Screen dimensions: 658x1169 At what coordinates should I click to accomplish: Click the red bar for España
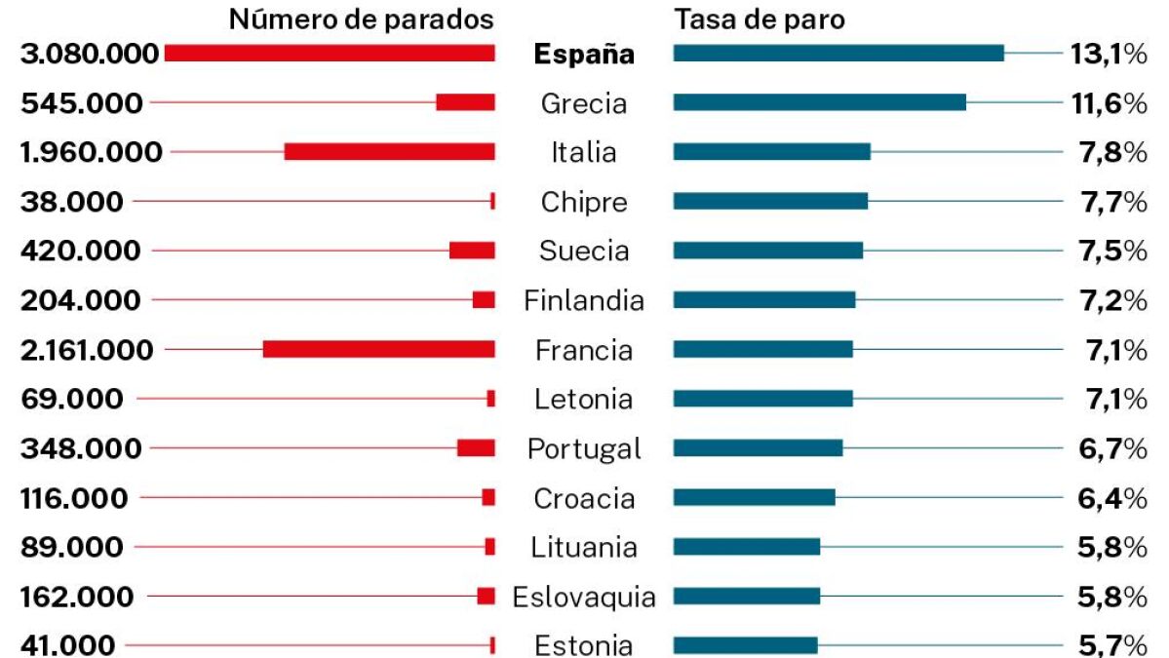[330, 54]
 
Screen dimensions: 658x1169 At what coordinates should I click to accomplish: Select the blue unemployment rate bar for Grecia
[819, 102]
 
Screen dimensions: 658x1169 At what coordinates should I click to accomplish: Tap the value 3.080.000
[90, 54]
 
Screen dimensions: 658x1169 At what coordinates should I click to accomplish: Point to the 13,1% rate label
[1108, 54]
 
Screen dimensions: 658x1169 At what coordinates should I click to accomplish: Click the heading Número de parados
[361, 19]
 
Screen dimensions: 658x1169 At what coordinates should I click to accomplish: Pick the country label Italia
[583, 152]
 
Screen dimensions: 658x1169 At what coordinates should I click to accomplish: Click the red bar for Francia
[378, 349]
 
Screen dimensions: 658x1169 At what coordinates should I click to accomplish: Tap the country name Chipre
[583, 202]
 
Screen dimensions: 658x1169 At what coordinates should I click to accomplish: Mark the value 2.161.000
[87, 349]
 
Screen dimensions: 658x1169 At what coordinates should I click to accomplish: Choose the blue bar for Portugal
[758, 447]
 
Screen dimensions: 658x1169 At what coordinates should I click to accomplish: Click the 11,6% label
[1108, 102]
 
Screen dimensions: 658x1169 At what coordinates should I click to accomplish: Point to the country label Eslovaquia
[583, 596]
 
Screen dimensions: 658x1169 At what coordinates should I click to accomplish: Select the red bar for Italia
[389, 152]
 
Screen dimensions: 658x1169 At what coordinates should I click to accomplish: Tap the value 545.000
[81, 102]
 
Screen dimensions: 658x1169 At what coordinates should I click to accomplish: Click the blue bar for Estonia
[745, 644]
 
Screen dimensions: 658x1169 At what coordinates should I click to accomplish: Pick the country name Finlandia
[583, 300]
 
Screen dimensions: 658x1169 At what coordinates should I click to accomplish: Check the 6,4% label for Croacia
[1108, 497]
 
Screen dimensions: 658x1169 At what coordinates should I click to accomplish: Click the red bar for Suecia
[472, 251]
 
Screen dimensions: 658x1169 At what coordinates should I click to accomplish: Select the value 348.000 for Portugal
[81, 447]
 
